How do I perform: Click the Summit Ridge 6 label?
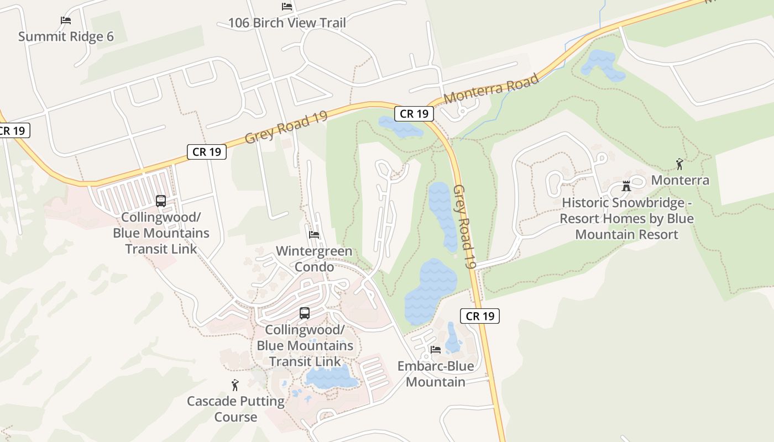click(66, 36)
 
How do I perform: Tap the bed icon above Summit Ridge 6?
click(66, 20)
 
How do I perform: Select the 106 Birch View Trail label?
click(287, 23)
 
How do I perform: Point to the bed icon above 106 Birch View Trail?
click(287, 7)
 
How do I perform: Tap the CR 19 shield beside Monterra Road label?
click(414, 114)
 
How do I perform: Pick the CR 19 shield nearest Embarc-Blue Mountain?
click(480, 316)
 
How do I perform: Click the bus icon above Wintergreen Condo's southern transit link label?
click(305, 313)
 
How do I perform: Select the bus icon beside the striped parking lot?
click(161, 201)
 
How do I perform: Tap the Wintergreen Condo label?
click(314, 259)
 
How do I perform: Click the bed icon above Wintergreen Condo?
click(314, 235)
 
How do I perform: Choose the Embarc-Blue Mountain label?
click(436, 373)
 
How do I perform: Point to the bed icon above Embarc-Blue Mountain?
click(436, 350)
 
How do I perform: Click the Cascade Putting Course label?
click(236, 409)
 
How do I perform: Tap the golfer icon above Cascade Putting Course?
click(236, 385)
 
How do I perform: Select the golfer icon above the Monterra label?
click(680, 164)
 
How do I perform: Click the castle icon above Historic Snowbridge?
click(626, 186)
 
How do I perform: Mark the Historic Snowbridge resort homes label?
click(626, 218)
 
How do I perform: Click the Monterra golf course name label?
click(680, 180)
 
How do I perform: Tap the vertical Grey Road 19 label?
click(464, 227)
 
